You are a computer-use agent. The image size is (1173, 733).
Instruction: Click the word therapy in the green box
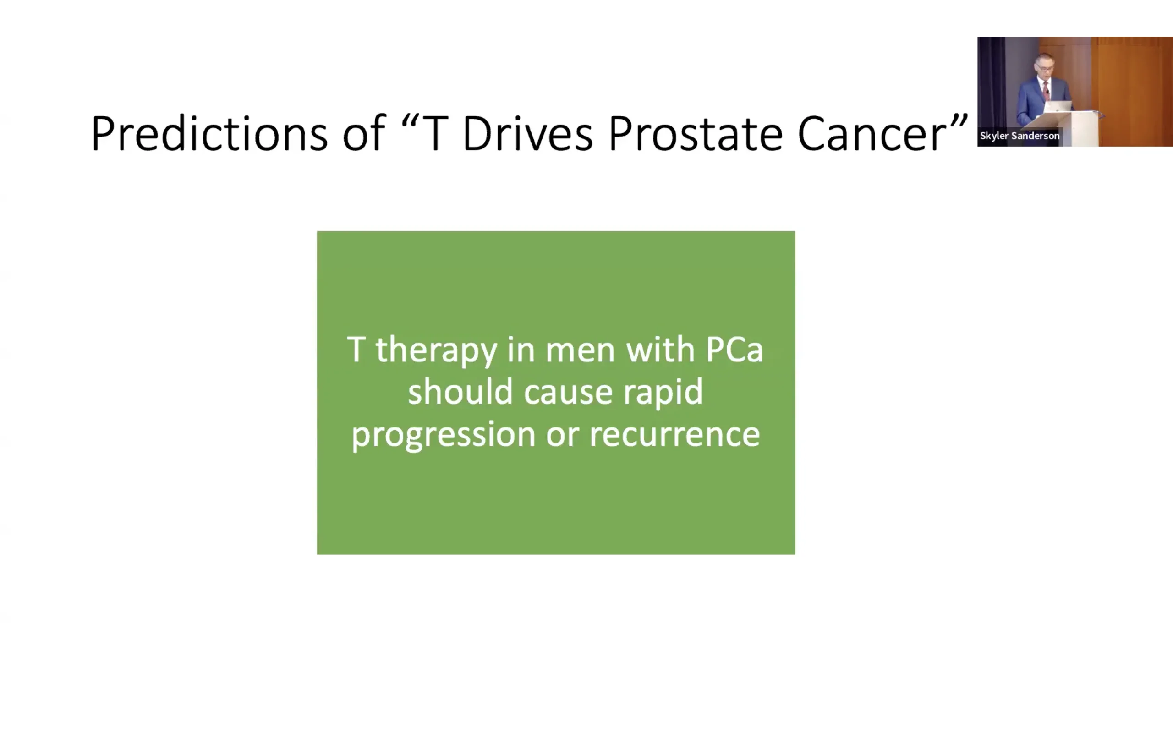436,350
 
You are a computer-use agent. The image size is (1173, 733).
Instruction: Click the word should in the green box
460,391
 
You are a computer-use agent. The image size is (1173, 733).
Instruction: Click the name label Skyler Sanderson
1020,136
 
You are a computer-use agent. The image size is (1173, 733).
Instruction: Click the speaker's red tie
1047,91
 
